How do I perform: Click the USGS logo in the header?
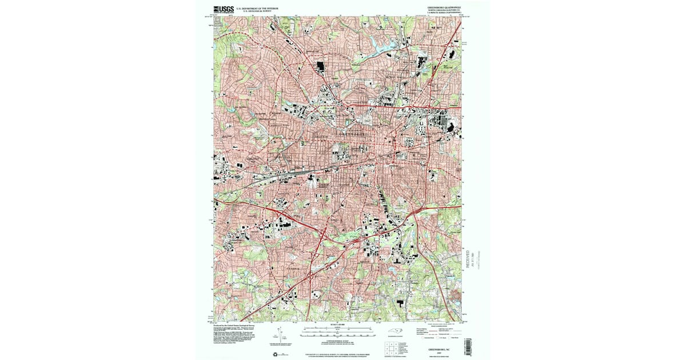pos(224,9)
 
